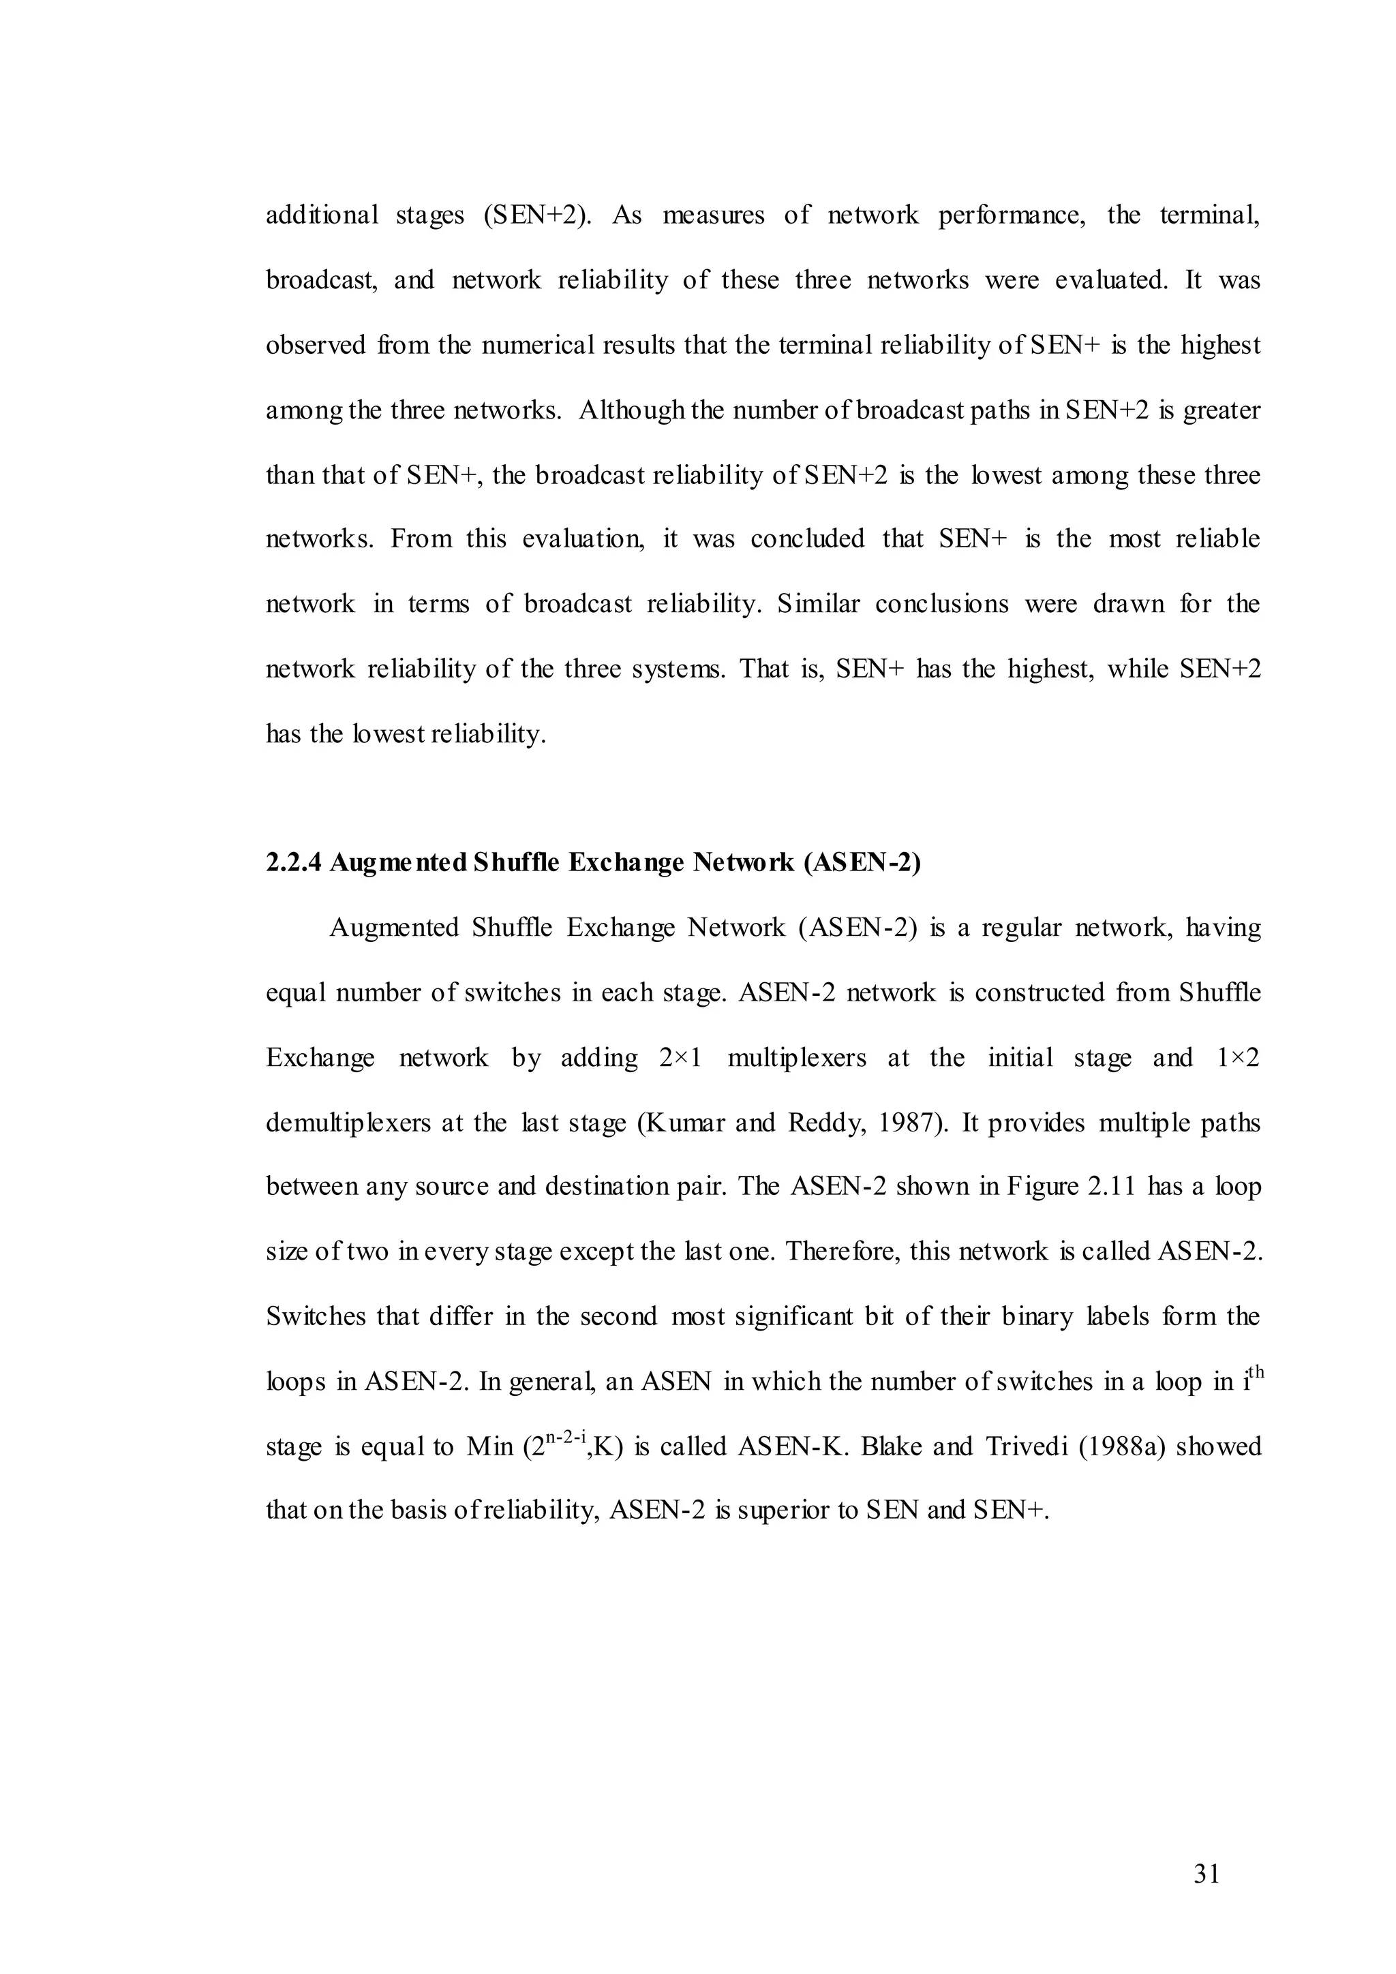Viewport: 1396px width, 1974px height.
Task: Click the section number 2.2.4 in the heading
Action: (x=294, y=862)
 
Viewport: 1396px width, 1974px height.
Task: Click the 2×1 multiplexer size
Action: (x=681, y=1057)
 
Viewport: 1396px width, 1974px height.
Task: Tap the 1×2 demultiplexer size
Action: (x=1238, y=1057)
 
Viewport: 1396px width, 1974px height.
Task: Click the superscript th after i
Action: (x=1254, y=1371)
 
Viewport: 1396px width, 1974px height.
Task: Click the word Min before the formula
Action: (x=490, y=1446)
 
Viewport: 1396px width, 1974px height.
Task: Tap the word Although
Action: (x=632, y=410)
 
